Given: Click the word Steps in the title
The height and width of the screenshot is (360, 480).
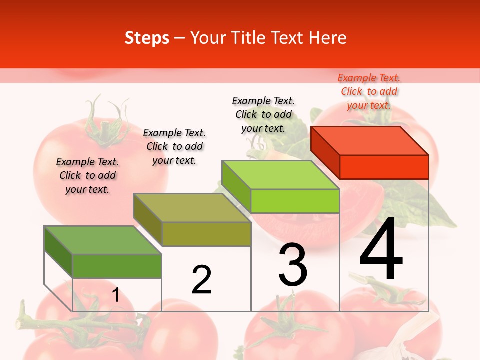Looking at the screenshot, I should tap(147, 38).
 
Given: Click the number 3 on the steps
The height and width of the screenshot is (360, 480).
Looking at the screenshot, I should tap(293, 265).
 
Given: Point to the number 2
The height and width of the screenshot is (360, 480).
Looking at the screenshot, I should tap(201, 280).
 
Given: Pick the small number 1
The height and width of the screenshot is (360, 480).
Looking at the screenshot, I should tap(116, 295).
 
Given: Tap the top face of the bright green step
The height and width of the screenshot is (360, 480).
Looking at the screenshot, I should tap(280, 175).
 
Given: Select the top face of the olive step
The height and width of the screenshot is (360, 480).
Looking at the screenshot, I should tap(192, 207).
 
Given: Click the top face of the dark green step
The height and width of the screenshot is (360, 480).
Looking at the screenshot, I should tap(103, 240).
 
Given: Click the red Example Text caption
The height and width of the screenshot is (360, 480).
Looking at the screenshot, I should tap(369, 91).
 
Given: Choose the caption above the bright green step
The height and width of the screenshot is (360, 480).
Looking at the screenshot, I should tap(263, 114).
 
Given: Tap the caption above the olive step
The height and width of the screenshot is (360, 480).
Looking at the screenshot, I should tap(174, 146).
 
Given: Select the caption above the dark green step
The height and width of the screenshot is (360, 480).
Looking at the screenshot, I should tap(87, 175).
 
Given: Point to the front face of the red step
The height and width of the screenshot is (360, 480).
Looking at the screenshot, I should tap(384, 167).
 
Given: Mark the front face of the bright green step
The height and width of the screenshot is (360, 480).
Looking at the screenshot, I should tap(295, 201).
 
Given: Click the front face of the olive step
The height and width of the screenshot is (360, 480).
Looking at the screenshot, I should tap(206, 234).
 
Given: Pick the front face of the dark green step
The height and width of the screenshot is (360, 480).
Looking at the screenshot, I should tap(117, 266).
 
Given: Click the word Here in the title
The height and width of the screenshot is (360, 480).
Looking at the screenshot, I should tap(328, 38).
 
